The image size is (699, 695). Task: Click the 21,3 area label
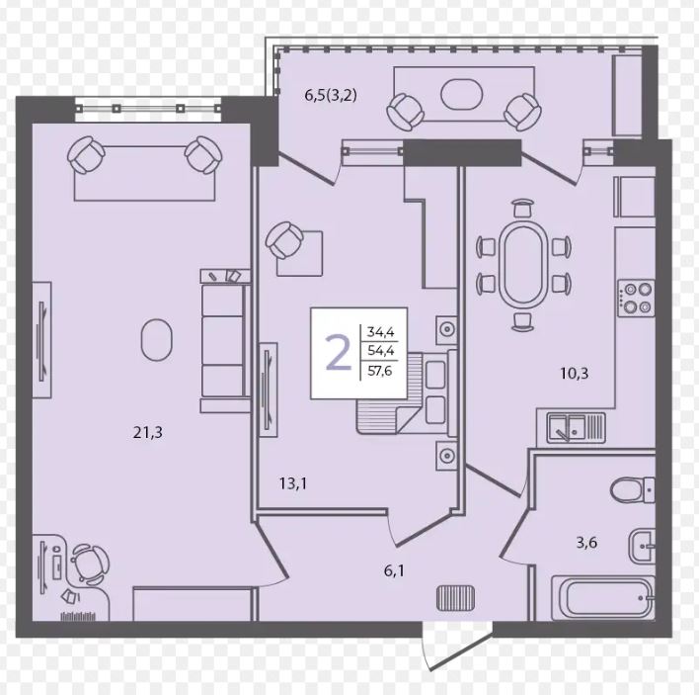pyautogui.click(x=147, y=432)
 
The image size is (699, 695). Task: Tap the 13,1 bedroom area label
pyautogui.click(x=293, y=483)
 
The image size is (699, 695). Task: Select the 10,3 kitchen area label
pyautogui.click(x=575, y=373)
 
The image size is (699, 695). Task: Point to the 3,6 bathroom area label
pyautogui.click(x=586, y=543)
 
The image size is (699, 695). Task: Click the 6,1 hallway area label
pyautogui.click(x=394, y=570)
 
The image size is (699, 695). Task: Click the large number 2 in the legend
pyautogui.click(x=339, y=353)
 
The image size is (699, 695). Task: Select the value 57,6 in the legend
pyautogui.click(x=380, y=371)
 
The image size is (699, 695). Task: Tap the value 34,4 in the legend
pyautogui.click(x=380, y=332)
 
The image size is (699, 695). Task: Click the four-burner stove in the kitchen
pyautogui.click(x=636, y=299)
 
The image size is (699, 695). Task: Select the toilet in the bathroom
pyautogui.click(x=632, y=489)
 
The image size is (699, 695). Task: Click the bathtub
pyautogui.click(x=603, y=598)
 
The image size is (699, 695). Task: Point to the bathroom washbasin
pyautogui.click(x=642, y=546)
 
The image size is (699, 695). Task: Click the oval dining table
pyautogui.click(x=523, y=265)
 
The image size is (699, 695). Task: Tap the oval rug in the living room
pyautogui.click(x=157, y=340)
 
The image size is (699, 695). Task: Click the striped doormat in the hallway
pyautogui.click(x=455, y=598)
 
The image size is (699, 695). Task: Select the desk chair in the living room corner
pyautogui.click(x=87, y=564)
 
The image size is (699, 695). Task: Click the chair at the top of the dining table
pyautogui.click(x=523, y=208)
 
